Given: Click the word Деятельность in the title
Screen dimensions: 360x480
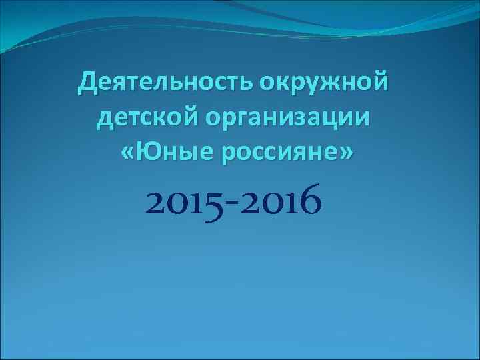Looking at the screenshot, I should (x=165, y=84).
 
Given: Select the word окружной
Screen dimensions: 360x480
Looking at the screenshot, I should (x=323, y=84).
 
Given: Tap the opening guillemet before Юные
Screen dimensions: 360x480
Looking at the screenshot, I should (x=128, y=155).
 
